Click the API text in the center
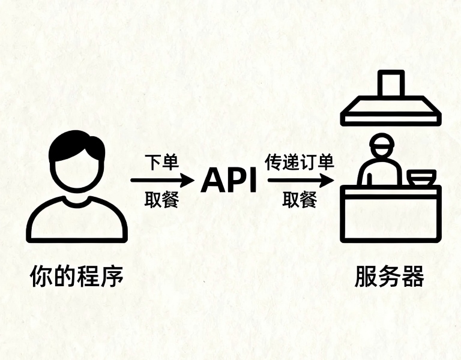(x=229, y=181)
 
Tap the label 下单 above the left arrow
(x=162, y=162)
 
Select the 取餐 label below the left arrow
(x=161, y=200)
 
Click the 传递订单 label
(x=300, y=162)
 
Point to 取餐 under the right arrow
(x=300, y=200)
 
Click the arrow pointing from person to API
(x=163, y=180)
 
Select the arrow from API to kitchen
(x=301, y=180)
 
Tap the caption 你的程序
(x=77, y=276)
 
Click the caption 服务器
(x=390, y=276)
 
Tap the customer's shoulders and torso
(x=77, y=219)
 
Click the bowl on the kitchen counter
(x=421, y=178)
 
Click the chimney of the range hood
(x=391, y=83)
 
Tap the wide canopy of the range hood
(x=391, y=111)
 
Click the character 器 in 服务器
(x=413, y=276)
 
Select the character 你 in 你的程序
(x=41, y=276)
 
